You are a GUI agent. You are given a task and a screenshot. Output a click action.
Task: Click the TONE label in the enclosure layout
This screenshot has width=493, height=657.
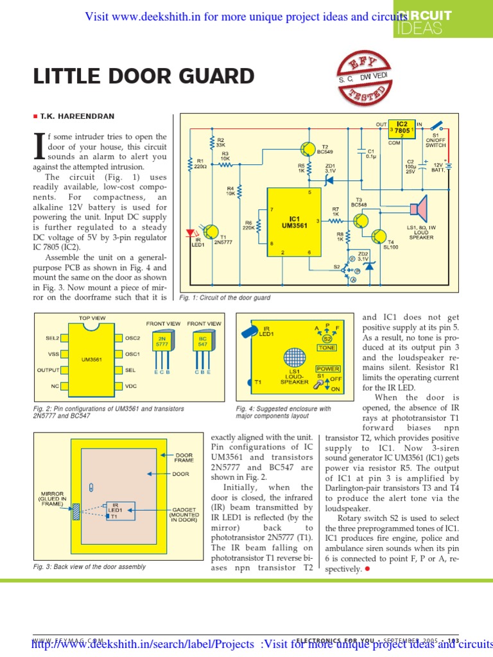coord(327,347)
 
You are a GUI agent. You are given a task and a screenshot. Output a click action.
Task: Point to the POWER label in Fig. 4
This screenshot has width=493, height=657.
coord(327,370)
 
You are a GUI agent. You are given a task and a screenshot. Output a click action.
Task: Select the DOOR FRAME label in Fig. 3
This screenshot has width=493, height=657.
coord(184,458)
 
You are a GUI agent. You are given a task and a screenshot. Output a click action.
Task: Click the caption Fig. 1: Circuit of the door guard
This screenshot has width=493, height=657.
coord(225,298)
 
